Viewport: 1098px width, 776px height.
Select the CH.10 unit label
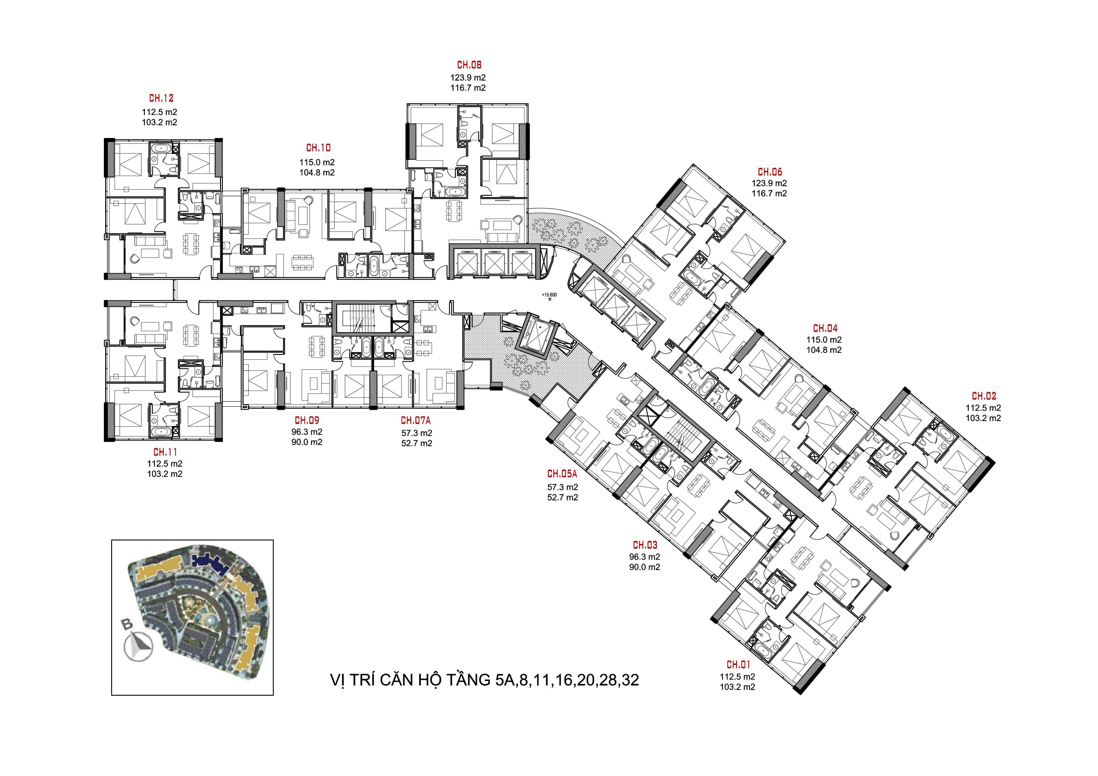click(x=318, y=148)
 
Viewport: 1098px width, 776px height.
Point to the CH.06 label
click(x=770, y=172)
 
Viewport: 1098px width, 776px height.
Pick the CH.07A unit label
click(x=415, y=420)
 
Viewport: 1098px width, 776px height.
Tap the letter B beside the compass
click(x=127, y=624)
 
